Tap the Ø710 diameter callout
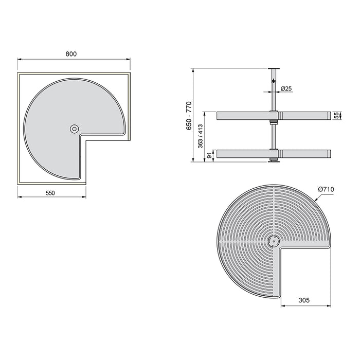(326, 190)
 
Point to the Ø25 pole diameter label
(286, 89)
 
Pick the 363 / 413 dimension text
(200, 136)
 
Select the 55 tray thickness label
(337, 116)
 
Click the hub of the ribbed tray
(273, 241)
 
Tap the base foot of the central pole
(273, 161)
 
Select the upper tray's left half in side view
(243, 116)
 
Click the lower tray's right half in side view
(303, 153)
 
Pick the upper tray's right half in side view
(303, 116)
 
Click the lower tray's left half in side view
(243, 153)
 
